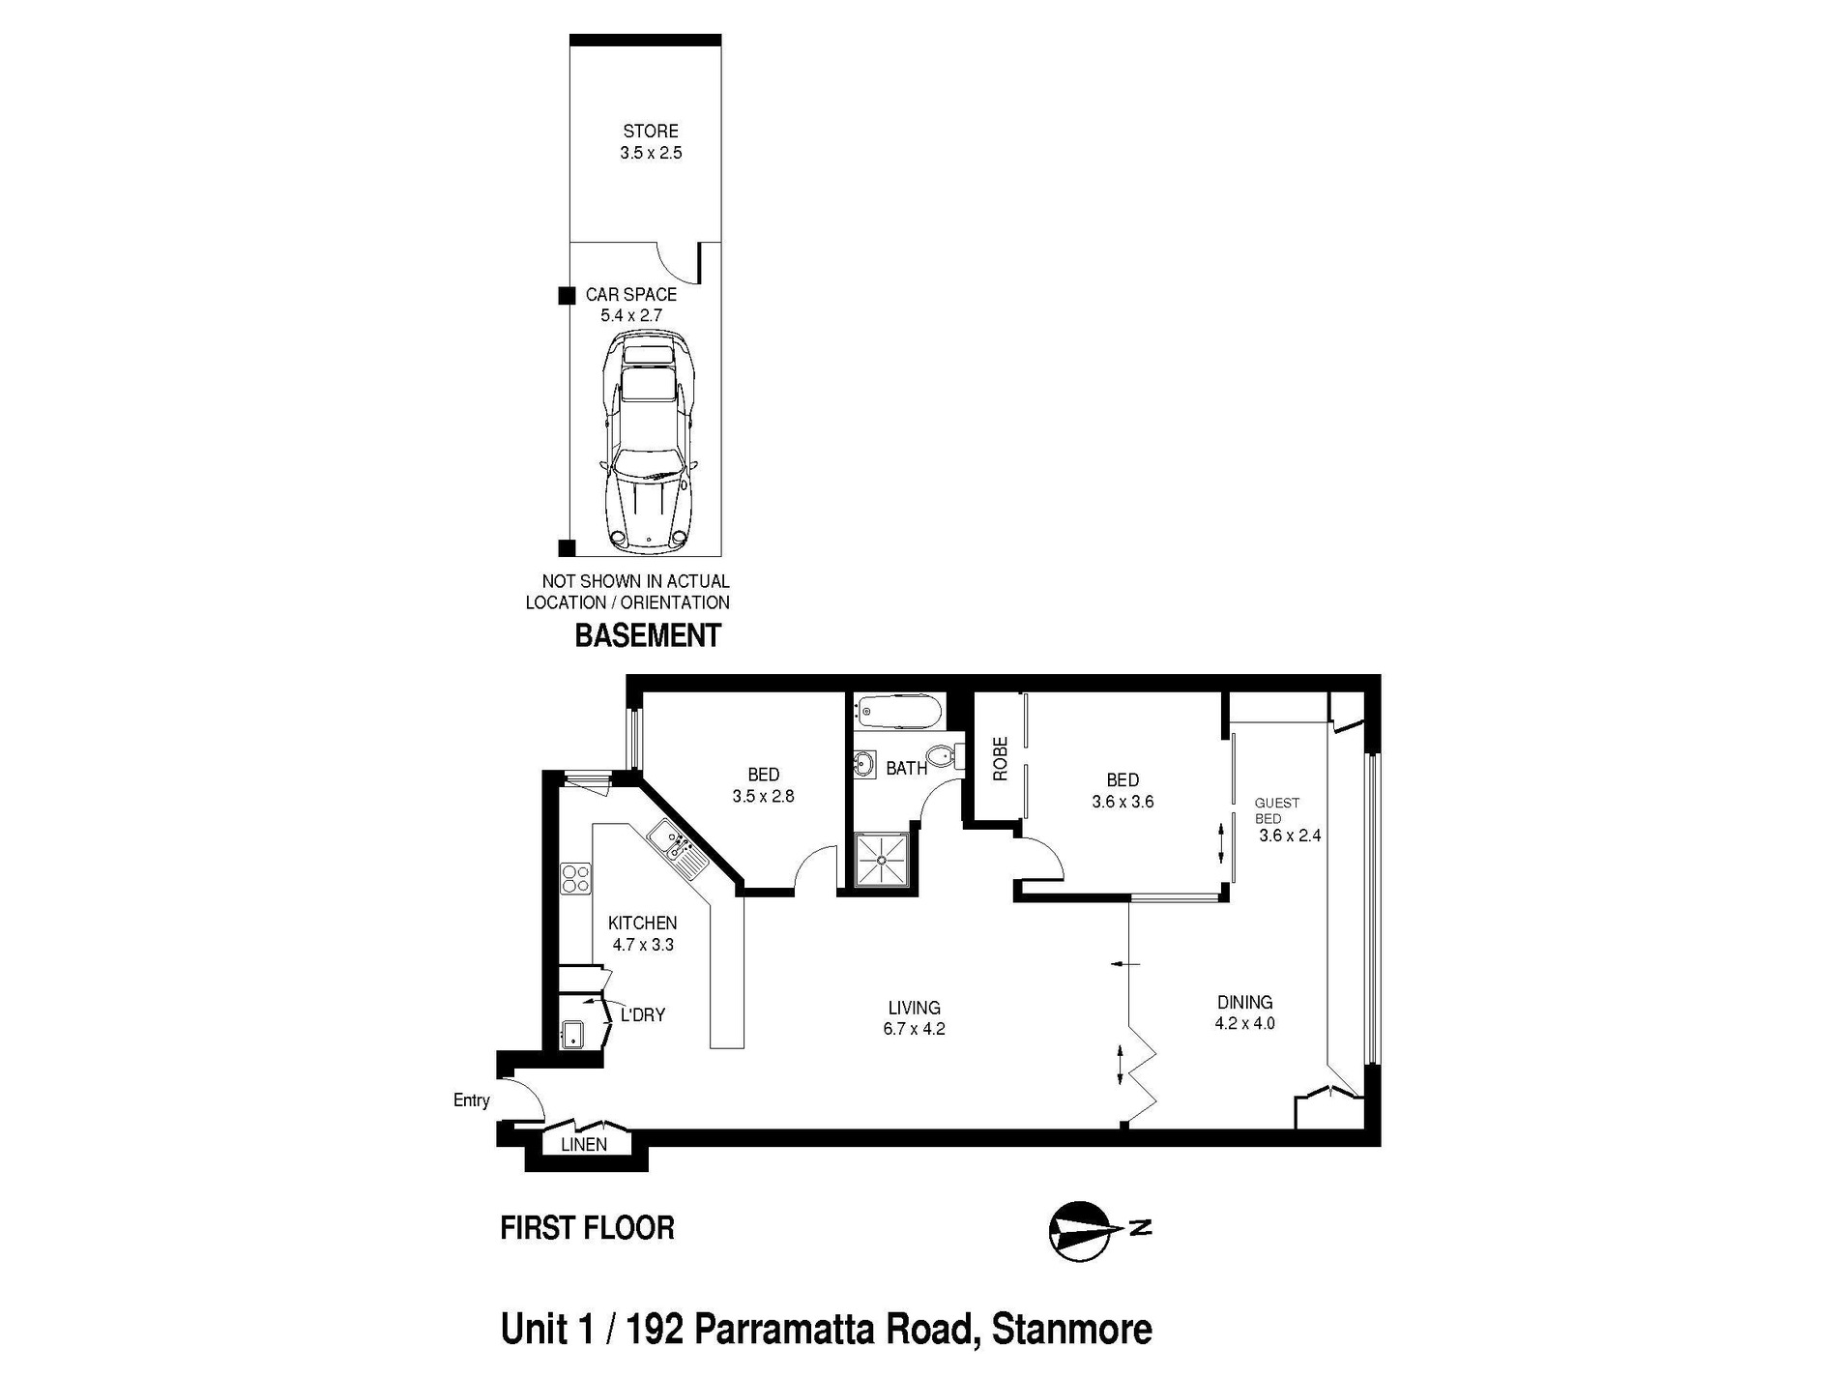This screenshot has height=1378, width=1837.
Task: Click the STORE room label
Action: tap(650, 131)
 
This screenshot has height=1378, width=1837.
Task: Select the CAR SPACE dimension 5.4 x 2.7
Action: tap(630, 315)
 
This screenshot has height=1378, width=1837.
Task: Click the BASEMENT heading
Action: tap(648, 636)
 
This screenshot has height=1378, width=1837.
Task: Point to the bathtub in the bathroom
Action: tap(899, 713)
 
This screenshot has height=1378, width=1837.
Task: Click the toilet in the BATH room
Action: tap(941, 755)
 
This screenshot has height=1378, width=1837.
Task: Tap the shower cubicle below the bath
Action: tap(881, 859)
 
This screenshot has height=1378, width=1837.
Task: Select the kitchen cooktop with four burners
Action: tap(576, 878)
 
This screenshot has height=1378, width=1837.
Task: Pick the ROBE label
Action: tap(1000, 759)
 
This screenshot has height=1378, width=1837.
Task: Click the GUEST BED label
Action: tap(1276, 810)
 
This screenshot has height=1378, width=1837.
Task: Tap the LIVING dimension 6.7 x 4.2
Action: tap(913, 1029)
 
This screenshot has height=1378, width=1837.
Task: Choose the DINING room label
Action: tap(1244, 1002)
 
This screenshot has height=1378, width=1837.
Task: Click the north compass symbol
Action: tap(1078, 1232)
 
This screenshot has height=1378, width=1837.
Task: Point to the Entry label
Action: tap(471, 1100)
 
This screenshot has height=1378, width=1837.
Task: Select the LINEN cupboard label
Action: tap(584, 1145)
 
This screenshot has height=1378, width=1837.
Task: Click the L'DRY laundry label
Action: tap(642, 1015)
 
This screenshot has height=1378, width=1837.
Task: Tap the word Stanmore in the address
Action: tap(1071, 1330)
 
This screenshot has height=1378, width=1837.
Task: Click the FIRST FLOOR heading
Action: tap(587, 1228)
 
